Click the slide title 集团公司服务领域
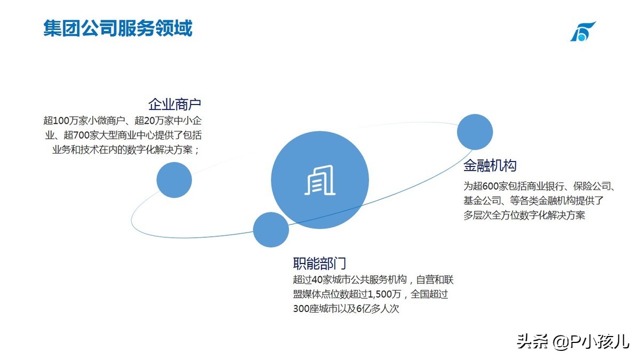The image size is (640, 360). click(x=118, y=28)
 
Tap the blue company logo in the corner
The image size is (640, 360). click(x=583, y=31)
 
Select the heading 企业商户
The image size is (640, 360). click(x=174, y=105)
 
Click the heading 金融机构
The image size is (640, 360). click(x=490, y=166)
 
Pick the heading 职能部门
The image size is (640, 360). click(x=319, y=263)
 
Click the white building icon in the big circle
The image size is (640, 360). click(x=319, y=180)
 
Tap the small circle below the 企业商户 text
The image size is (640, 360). click(x=174, y=180)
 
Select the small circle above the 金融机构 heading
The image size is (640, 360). click(x=475, y=132)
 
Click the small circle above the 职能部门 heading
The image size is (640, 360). click(x=271, y=230)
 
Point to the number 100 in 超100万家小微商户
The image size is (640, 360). click(x=61, y=121)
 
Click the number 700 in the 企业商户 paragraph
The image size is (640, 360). click(x=81, y=135)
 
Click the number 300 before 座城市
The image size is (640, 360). click(x=301, y=309)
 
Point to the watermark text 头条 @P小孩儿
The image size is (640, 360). click(x=573, y=342)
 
